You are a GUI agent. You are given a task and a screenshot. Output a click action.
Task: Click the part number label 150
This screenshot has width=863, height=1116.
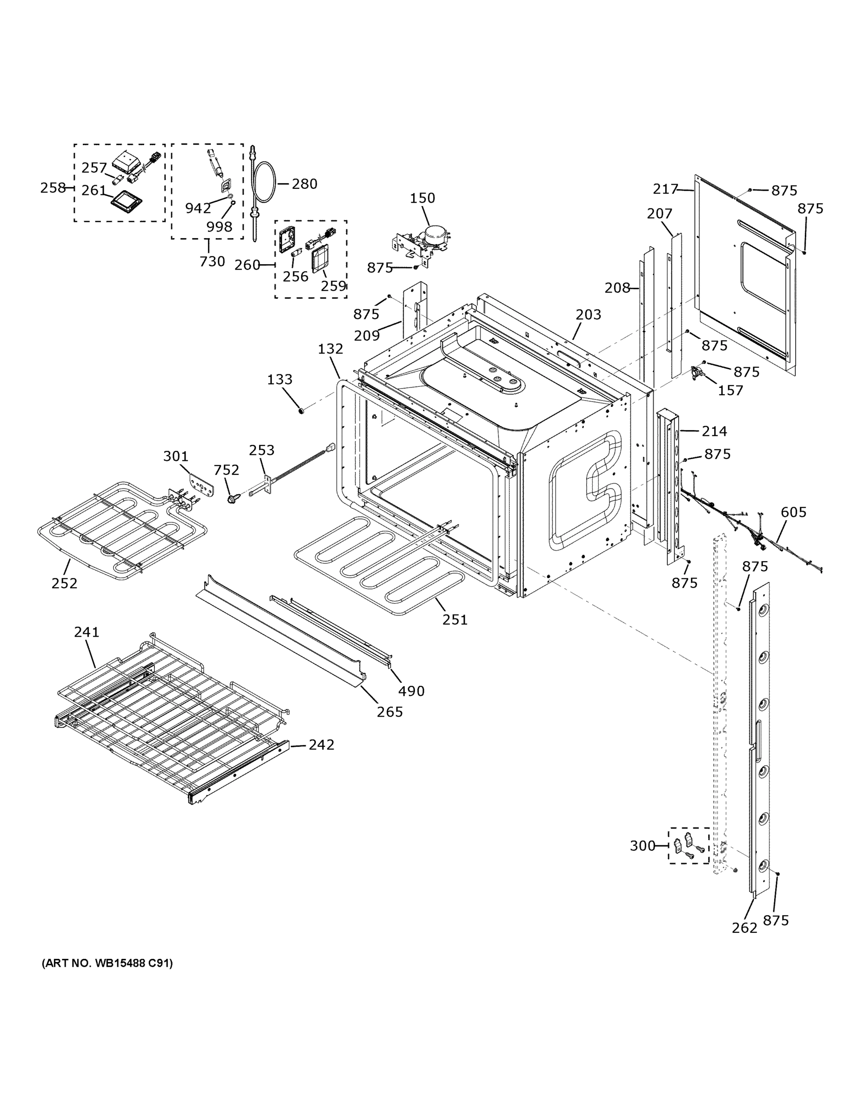click(422, 198)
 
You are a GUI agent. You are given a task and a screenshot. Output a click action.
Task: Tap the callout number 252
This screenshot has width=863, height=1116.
click(64, 583)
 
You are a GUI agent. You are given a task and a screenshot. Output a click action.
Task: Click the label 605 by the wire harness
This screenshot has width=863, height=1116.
click(794, 512)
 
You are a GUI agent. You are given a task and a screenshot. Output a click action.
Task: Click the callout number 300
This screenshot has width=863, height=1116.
click(642, 846)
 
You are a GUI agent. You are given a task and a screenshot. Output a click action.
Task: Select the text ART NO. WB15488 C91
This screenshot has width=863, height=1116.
click(107, 963)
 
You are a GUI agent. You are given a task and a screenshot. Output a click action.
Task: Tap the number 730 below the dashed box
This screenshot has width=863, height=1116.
click(212, 262)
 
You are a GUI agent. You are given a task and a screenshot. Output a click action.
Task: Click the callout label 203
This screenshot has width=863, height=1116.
click(589, 315)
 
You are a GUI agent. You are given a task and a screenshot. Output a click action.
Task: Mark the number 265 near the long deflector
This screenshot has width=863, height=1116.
click(389, 712)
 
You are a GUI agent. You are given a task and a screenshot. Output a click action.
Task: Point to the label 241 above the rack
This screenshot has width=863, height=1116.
click(87, 632)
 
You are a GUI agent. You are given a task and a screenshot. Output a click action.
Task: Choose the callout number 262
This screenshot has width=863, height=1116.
click(744, 928)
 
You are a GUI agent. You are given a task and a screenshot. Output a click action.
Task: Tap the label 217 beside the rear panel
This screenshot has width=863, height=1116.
click(665, 189)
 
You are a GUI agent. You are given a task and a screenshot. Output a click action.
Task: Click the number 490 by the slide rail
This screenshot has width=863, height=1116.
click(411, 691)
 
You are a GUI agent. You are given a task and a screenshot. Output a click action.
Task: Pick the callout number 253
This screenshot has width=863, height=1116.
click(262, 450)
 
